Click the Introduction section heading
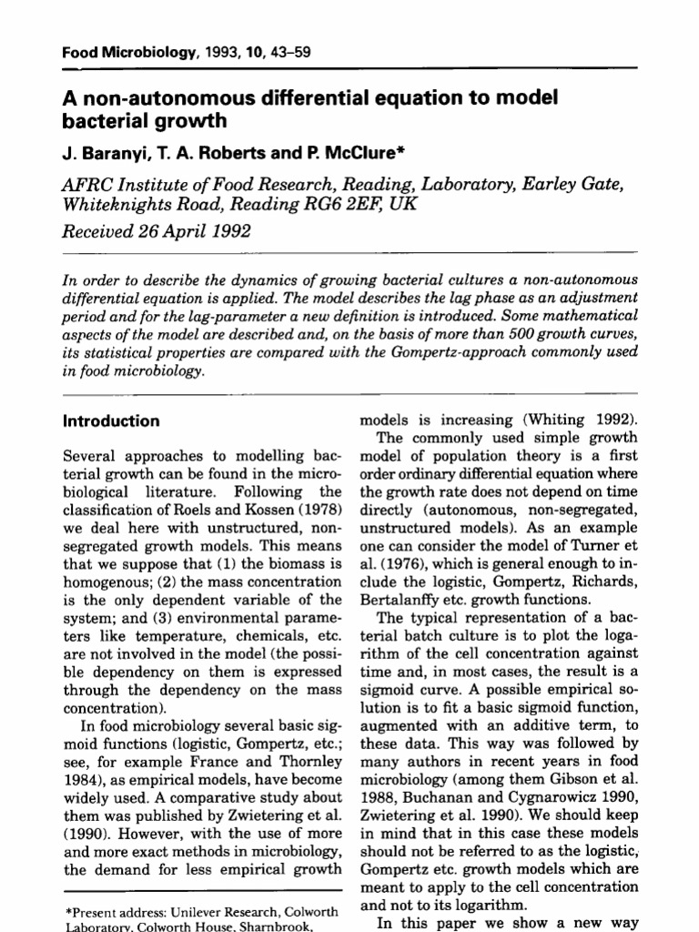(x=110, y=421)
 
